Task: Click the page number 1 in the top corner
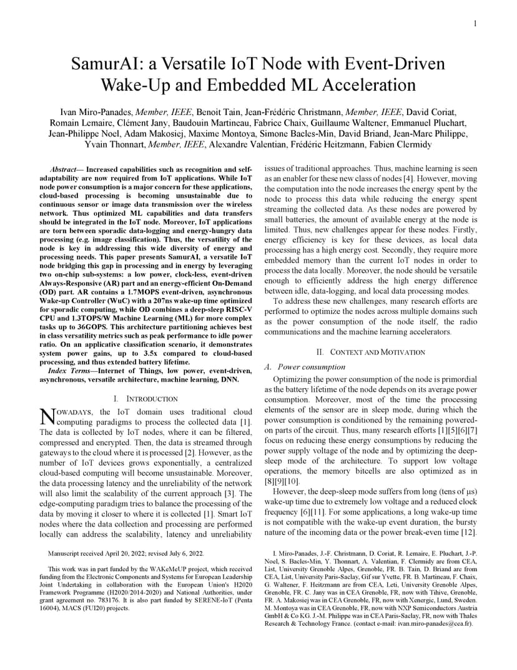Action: pyautogui.click(x=475, y=24)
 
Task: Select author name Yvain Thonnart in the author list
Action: pyautogui.click(x=112, y=144)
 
